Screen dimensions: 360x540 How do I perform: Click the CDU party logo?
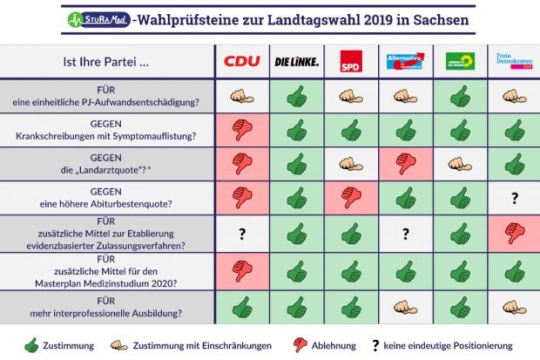pos(242,61)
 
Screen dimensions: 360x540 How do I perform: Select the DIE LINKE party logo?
pos(296,61)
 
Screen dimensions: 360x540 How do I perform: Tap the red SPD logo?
pos(350,61)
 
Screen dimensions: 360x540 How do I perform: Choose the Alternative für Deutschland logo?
pos(404,61)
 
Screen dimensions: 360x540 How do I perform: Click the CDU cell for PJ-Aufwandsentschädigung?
pos(242,96)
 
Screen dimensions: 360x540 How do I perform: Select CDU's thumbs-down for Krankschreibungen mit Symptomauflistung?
pos(242,131)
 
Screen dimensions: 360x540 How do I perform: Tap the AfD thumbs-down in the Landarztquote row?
pos(404,164)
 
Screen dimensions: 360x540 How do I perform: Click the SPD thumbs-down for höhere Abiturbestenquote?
pos(350,199)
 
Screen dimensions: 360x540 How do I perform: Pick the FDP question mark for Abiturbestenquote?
pos(513,199)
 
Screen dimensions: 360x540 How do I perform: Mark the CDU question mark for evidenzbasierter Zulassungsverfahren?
pos(242,233)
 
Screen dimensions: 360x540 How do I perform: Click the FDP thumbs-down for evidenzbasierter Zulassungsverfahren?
pos(513,233)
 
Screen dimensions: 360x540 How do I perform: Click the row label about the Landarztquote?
pos(106,164)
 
